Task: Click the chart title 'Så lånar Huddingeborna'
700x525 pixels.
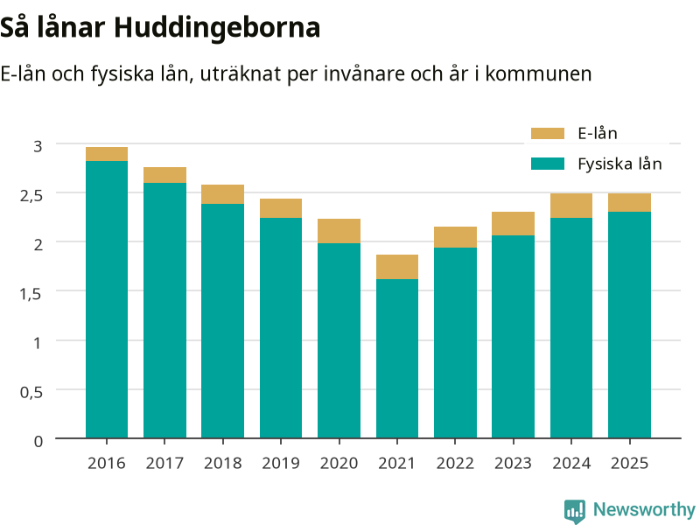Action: [x=160, y=27]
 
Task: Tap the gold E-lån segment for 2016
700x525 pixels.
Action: [x=107, y=154]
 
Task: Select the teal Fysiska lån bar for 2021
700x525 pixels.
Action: [x=397, y=359]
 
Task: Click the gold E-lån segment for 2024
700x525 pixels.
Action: [x=571, y=206]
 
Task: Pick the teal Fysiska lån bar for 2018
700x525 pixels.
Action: [x=223, y=321]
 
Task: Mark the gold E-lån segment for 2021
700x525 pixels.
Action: [x=397, y=267]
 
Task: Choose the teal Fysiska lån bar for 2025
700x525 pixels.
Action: [x=629, y=325]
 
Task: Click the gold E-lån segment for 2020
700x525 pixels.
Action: [x=339, y=231]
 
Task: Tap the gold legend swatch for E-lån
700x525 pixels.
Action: [x=548, y=134]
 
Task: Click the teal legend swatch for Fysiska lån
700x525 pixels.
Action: [x=548, y=164]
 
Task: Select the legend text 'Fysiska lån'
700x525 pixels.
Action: [x=619, y=164]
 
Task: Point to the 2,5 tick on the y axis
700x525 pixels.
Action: [x=31, y=195]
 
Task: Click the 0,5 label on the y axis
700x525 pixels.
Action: [x=31, y=392]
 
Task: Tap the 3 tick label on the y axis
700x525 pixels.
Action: [x=38, y=146]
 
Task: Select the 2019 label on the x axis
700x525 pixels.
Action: [x=281, y=463]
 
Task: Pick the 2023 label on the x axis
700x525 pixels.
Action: [x=513, y=463]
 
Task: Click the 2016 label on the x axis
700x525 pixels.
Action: [x=107, y=463]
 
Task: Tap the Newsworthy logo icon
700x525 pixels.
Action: [x=575, y=510]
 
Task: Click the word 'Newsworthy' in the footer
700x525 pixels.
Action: [x=644, y=509]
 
